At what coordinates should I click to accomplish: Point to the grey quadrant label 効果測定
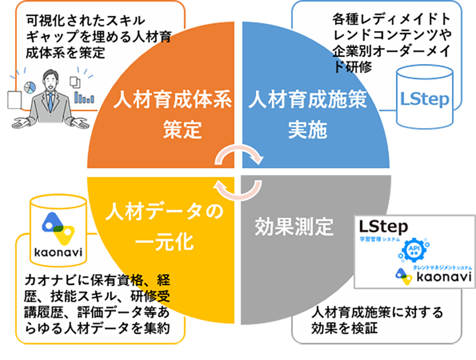coord(294,227)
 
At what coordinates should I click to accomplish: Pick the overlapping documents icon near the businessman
coord(75,81)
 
